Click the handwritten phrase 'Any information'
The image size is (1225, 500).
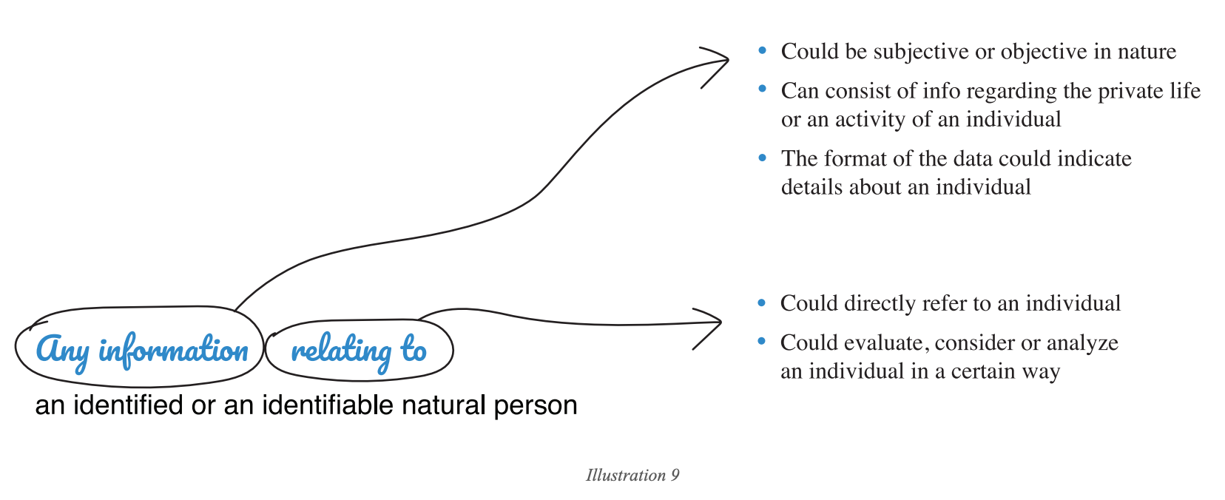[x=141, y=350]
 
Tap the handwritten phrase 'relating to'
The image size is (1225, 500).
[x=359, y=350]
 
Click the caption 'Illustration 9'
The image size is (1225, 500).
[x=632, y=475]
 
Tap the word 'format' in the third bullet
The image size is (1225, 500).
[x=857, y=158]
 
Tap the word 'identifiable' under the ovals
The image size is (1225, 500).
[x=328, y=405]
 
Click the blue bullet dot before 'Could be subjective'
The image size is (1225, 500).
[x=763, y=51]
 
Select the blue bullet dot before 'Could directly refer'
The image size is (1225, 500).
[x=763, y=303]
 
